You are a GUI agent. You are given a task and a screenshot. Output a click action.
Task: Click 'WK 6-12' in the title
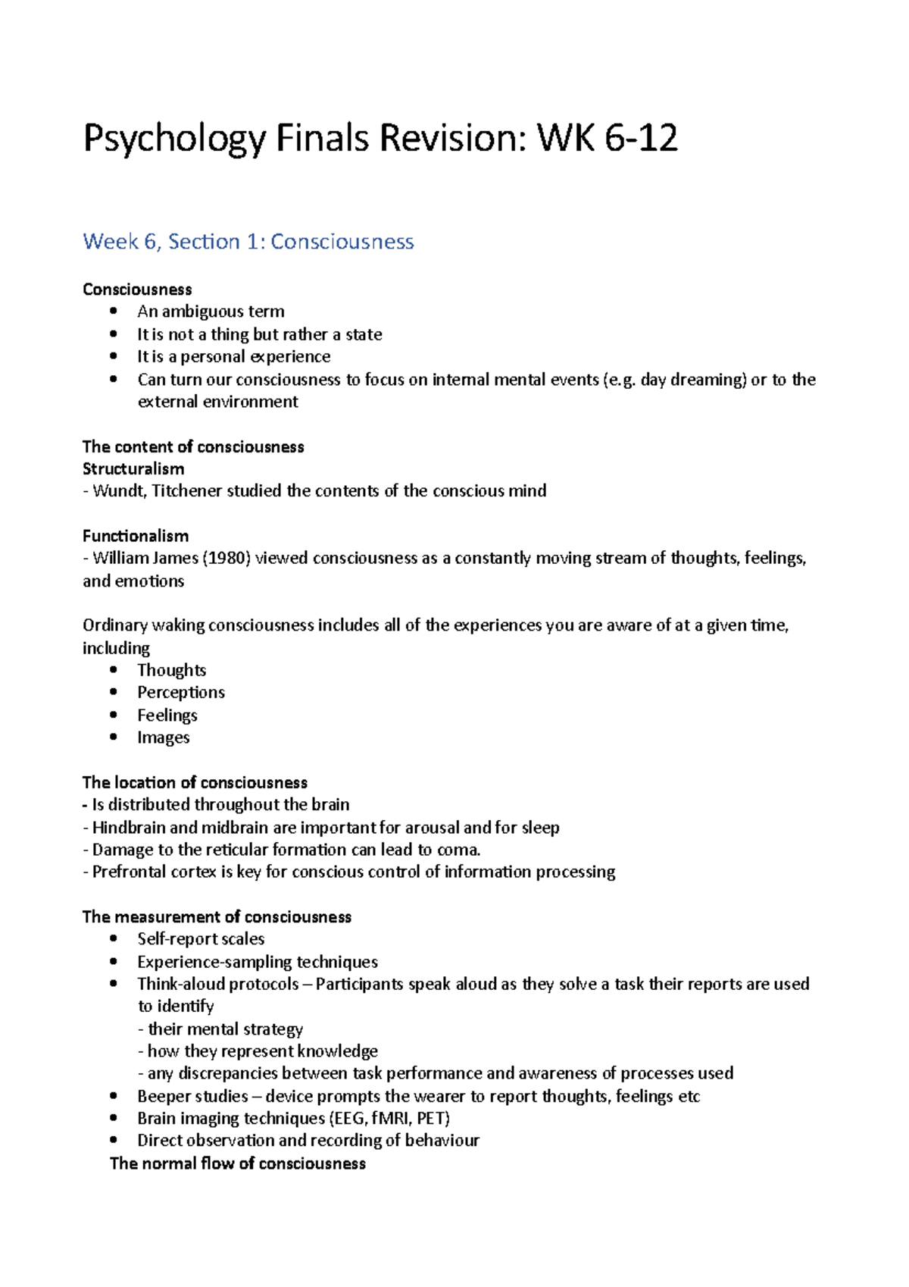(x=607, y=139)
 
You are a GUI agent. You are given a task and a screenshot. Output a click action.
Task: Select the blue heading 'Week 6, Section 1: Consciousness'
(x=248, y=242)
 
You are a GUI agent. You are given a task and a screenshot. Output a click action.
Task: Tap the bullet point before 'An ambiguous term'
(x=114, y=311)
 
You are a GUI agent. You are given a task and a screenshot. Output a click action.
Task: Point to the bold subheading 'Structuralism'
(x=133, y=468)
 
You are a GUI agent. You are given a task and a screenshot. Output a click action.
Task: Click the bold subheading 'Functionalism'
(x=136, y=536)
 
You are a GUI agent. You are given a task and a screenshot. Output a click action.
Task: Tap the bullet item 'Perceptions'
(x=180, y=692)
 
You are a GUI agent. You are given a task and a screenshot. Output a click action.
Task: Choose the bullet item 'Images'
(x=163, y=737)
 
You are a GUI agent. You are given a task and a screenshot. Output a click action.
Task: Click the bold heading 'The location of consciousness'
(x=195, y=782)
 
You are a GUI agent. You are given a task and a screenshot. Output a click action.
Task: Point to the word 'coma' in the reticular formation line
(x=458, y=850)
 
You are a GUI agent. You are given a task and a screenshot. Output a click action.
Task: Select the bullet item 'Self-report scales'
(x=201, y=939)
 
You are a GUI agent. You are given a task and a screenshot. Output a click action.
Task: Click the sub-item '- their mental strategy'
(x=220, y=1029)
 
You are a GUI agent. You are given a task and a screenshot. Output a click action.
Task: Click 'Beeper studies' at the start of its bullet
(x=192, y=1096)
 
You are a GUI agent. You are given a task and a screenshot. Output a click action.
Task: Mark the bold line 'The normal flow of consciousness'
(x=237, y=1163)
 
